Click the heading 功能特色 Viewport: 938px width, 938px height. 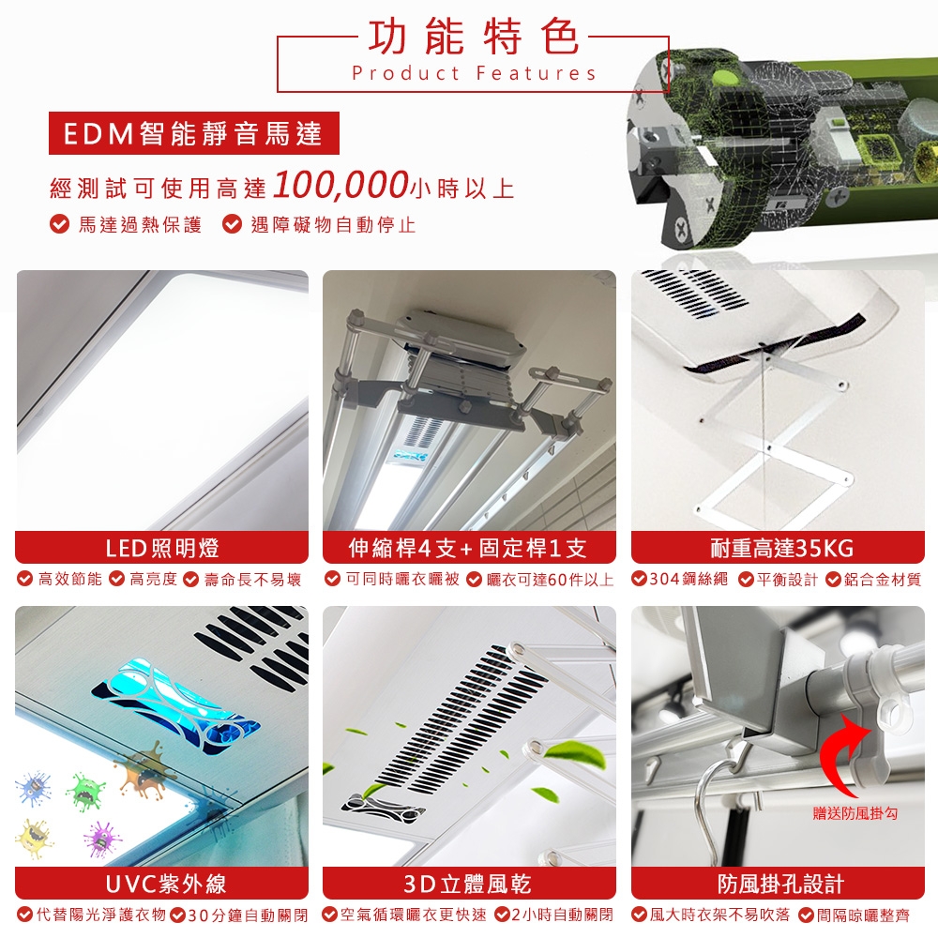[473, 37]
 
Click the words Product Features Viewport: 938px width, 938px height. [475, 73]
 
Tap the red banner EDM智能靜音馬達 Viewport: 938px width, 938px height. [194, 133]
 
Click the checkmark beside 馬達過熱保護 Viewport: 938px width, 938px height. [59, 224]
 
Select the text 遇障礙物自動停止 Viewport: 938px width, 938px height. [333, 225]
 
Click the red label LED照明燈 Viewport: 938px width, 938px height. [162, 548]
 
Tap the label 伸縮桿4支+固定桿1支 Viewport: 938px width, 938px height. [469, 548]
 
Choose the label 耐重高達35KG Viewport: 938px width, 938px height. [778, 548]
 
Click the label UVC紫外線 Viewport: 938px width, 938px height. [162, 883]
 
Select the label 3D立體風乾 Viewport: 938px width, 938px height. [469, 883]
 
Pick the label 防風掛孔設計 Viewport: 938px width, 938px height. [778, 883]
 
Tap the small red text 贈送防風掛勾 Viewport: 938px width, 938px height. [855, 813]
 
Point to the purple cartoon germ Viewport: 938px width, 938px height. [102, 839]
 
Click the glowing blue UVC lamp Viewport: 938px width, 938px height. [176, 707]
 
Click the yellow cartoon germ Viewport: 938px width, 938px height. [34, 838]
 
